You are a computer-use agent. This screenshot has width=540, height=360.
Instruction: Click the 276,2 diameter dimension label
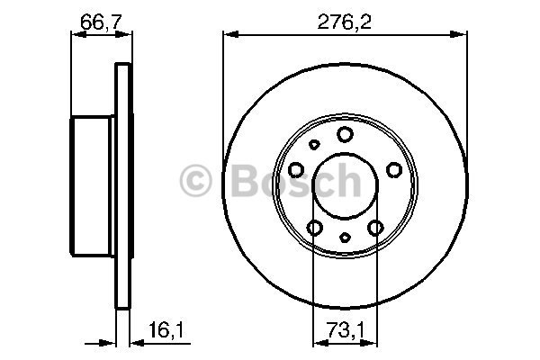(345, 22)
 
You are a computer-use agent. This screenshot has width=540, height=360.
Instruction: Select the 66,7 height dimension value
(101, 22)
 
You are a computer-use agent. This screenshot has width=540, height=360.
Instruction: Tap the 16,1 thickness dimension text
(166, 330)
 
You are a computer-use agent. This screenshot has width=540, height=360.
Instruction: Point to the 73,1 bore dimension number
(345, 330)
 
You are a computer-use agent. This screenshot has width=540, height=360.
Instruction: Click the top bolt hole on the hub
(345, 134)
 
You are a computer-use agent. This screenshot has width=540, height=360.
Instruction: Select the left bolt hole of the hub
(296, 170)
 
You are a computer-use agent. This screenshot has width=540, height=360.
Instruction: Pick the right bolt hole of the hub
(394, 170)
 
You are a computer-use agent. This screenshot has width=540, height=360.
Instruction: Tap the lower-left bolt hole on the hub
(314, 228)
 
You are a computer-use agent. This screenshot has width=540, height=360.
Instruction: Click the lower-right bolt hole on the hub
(375, 228)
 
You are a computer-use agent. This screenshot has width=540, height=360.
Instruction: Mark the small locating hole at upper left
(314, 145)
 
